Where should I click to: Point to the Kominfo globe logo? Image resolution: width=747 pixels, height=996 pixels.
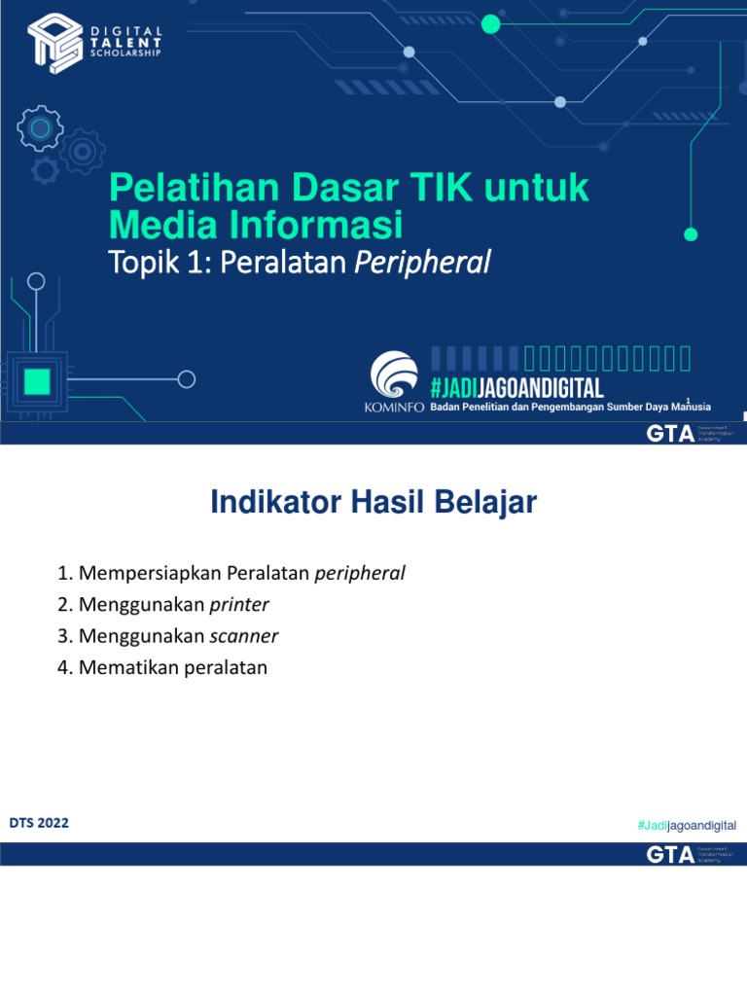click(393, 374)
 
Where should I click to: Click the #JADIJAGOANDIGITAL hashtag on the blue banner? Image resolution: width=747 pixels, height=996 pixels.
click(516, 388)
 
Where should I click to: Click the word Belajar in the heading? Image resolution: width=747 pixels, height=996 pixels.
click(488, 503)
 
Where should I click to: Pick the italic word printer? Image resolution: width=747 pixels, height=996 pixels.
click(239, 605)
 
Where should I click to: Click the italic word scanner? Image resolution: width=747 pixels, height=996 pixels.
click(244, 636)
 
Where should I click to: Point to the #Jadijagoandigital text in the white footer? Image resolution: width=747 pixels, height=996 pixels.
click(687, 825)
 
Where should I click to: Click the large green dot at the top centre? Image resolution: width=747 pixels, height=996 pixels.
click(491, 24)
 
